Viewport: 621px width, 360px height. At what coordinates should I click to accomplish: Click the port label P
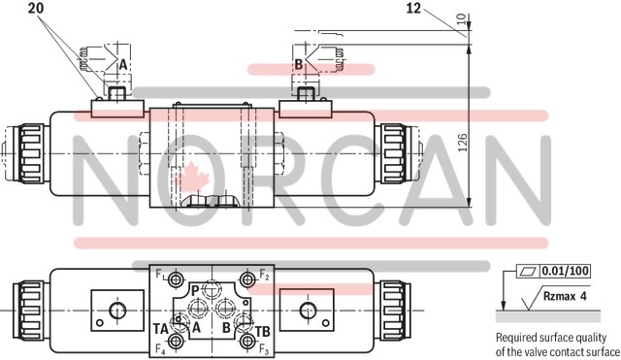(195, 289)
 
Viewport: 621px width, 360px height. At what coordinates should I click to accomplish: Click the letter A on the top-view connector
(122, 64)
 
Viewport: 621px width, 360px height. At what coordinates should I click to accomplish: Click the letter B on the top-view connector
(299, 64)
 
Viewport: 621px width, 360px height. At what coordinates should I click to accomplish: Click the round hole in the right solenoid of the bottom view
(308, 311)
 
